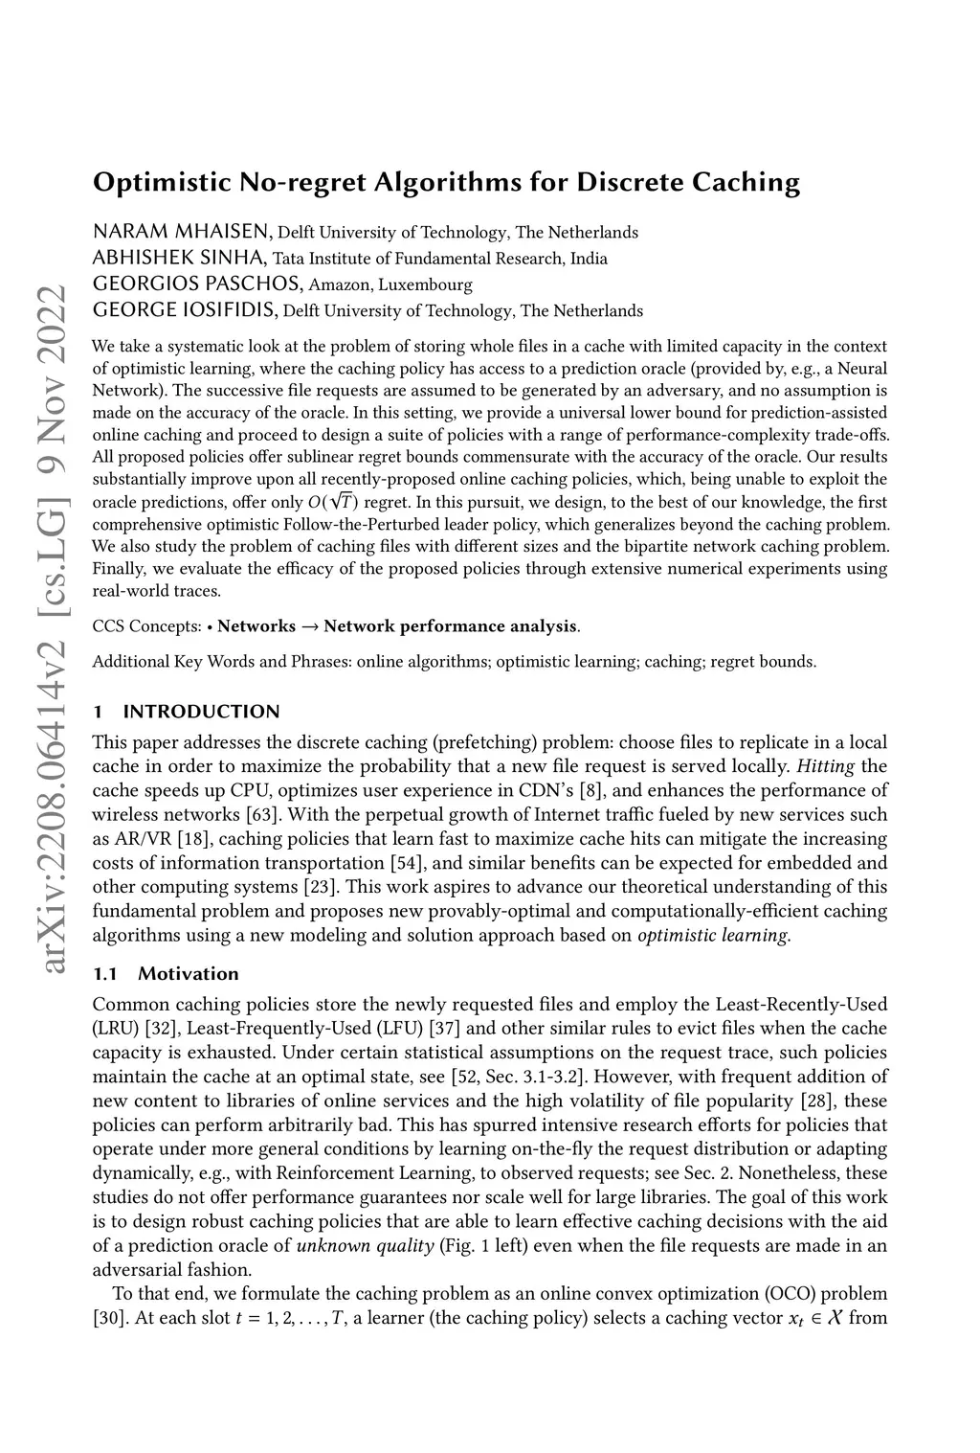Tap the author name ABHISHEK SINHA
click(179, 258)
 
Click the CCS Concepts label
click(146, 627)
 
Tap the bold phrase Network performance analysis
click(451, 627)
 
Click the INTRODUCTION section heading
click(201, 711)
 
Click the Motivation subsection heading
click(188, 974)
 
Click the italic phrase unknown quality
click(366, 1246)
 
